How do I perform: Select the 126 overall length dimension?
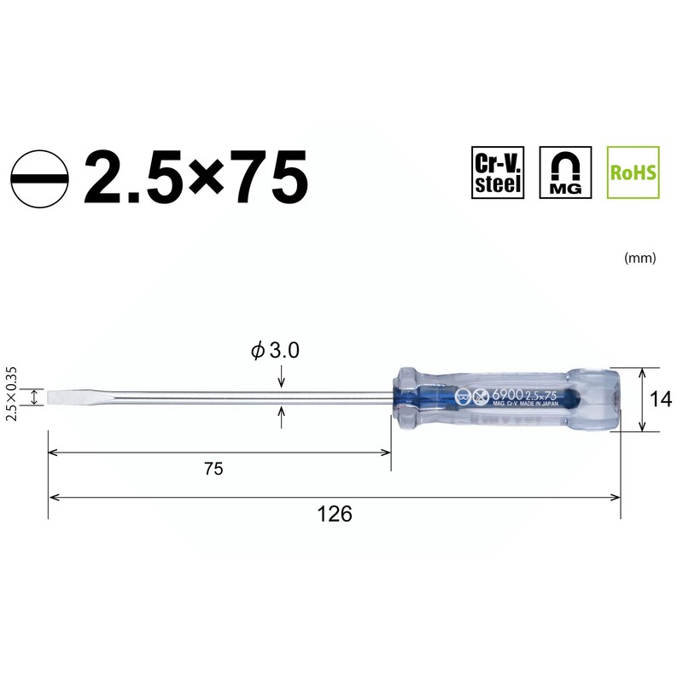pyautogui.click(x=335, y=514)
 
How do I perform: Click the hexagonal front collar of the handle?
pyautogui.click(x=406, y=398)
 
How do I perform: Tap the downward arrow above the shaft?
pyautogui.click(x=282, y=379)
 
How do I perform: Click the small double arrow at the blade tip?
pyautogui.click(x=35, y=397)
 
